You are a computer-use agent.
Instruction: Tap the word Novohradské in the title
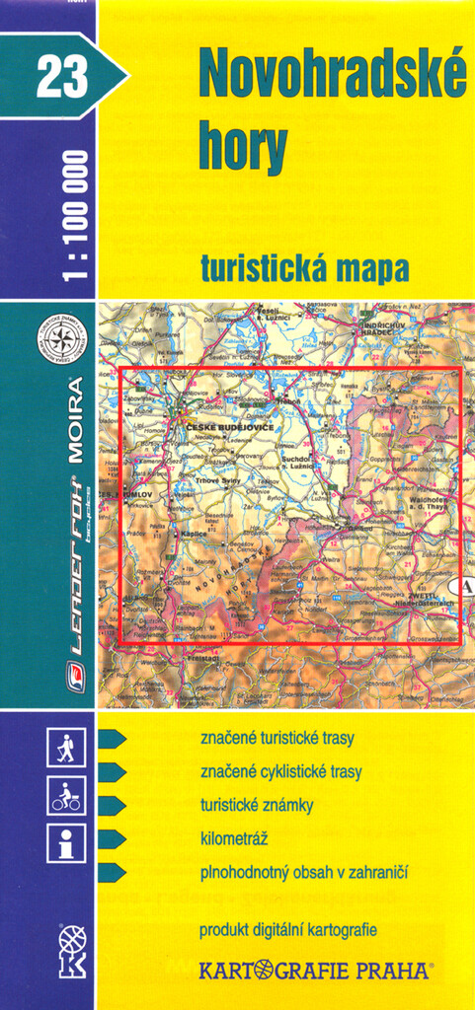pyautogui.click(x=332, y=75)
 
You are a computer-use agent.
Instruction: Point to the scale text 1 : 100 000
pyautogui.click(x=75, y=216)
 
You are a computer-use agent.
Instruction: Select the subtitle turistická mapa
pyautogui.click(x=304, y=267)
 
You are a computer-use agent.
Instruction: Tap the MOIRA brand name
pyautogui.click(x=75, y=420)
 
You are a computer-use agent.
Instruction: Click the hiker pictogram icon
pyautogui.click(x=65, y=749)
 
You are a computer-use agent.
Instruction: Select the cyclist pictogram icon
pyautogui.click(x=65, y=795)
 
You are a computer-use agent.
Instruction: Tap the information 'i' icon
pyautogui.click(x=65, y=842)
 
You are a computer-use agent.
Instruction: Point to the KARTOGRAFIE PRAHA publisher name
pyautogui.click(x=314, y=971)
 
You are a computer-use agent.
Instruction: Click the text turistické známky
pyautogui.click(x=256, y=805)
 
